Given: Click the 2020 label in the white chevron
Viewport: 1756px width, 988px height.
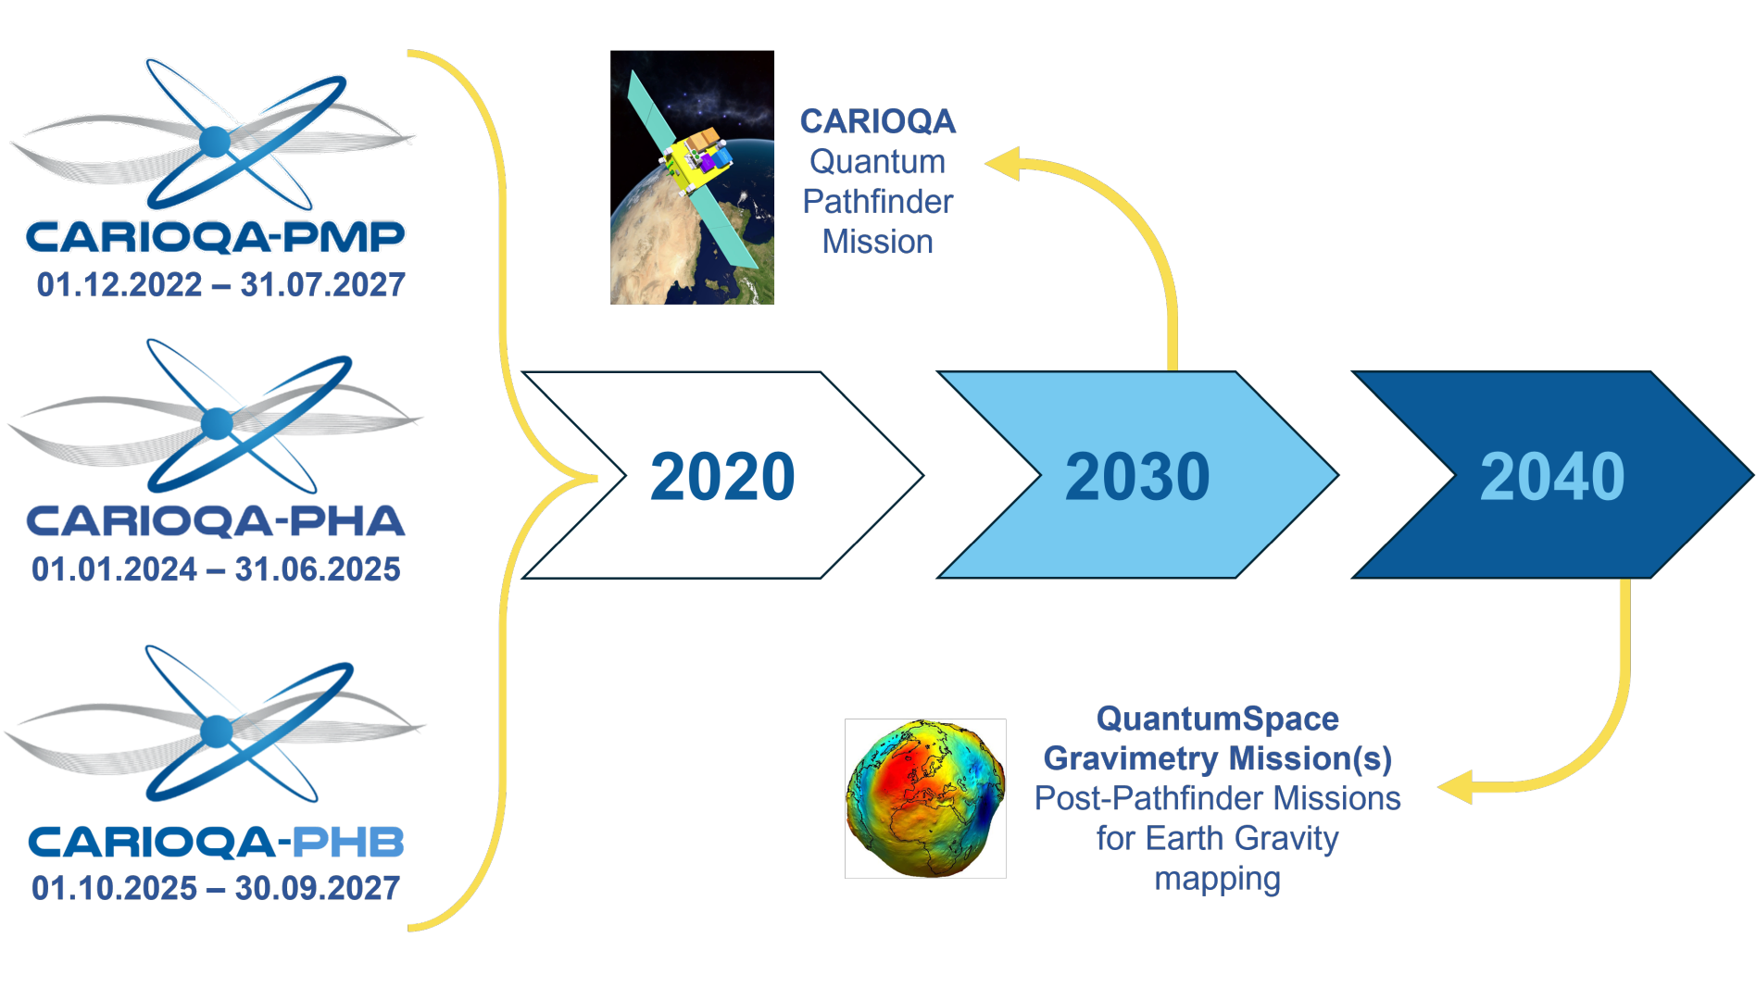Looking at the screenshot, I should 722,477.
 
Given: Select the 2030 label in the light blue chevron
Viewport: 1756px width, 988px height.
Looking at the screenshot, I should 1137,477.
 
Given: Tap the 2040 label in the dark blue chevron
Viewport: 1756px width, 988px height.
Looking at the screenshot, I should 1552,477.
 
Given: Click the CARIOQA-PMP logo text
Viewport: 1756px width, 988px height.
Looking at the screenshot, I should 215,237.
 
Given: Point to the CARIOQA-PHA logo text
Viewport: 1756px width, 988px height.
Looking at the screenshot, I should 216,521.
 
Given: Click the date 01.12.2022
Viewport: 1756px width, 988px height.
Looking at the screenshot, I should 119,285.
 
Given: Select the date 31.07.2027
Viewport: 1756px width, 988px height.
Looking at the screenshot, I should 323,285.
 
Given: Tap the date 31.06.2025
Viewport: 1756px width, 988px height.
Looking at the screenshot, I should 318,569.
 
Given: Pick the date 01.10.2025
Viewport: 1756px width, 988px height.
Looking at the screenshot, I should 115,889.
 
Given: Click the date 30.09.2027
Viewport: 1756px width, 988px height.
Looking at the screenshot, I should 318,889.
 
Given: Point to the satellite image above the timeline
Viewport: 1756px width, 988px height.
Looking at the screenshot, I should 692,178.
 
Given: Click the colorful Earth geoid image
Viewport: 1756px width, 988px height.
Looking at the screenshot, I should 925,798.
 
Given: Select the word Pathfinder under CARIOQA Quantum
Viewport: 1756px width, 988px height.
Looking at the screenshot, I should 878,202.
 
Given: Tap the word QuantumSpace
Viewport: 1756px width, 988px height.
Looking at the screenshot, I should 1217,719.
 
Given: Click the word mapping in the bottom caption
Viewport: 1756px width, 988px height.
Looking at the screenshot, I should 1217,879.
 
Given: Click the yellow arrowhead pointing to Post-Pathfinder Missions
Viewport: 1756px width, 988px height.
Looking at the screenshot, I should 1455,788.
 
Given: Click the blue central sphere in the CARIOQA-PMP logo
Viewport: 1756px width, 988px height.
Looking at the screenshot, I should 215,142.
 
